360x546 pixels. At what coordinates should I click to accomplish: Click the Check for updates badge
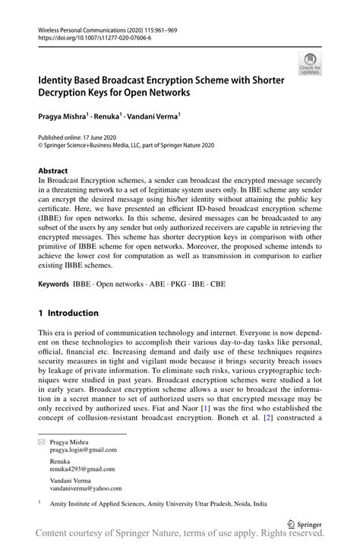point(309,65)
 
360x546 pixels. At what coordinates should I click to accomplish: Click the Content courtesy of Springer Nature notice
point(180,535)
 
